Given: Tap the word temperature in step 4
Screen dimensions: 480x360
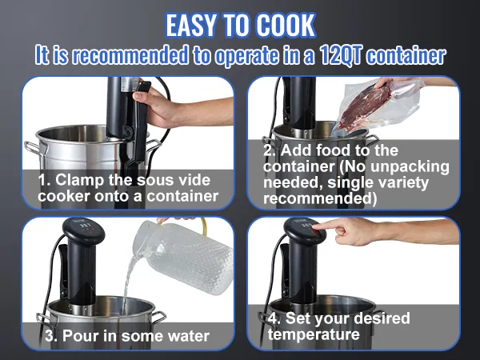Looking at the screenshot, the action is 314,334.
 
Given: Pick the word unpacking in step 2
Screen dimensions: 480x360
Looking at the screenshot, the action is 410,167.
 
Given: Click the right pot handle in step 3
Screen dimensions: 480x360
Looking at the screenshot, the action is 158,316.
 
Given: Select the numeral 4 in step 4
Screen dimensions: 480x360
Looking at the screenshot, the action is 272,318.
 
